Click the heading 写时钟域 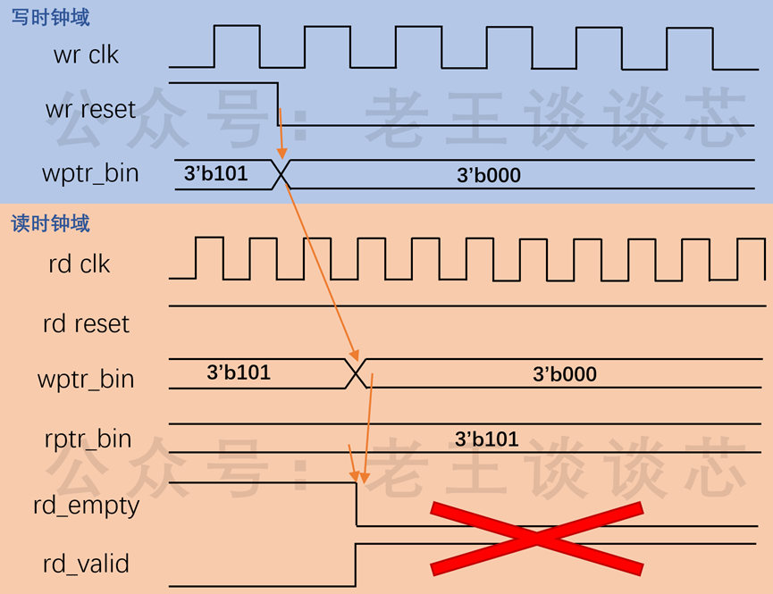[50, 17]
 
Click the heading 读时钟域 [50, 223]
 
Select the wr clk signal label [87, 54]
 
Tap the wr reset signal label [90, 109]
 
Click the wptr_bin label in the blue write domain [90, 174]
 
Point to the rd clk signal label [80, 264]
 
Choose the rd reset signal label [87, 324]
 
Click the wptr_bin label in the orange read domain [86, 380]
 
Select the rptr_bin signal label [88, 439]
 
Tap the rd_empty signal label [87, 506]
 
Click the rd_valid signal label [87, 564]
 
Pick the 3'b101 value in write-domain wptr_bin [216, 173]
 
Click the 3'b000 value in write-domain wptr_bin [489, 175]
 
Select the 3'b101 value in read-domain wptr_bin [239, 372]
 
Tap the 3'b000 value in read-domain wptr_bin [565, 374]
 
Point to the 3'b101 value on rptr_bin [486, 439]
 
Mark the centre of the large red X [537, 539]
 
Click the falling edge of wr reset [278, 104]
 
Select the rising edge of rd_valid [356, 565]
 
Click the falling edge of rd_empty [357, 505]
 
